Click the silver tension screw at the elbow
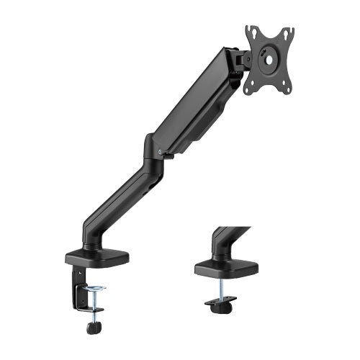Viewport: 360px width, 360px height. click(158, 152)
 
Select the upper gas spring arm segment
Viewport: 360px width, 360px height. click(194, 101)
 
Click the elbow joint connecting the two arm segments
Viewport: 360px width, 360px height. click(153, 144)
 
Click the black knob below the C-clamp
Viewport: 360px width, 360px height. click(93, 328)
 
